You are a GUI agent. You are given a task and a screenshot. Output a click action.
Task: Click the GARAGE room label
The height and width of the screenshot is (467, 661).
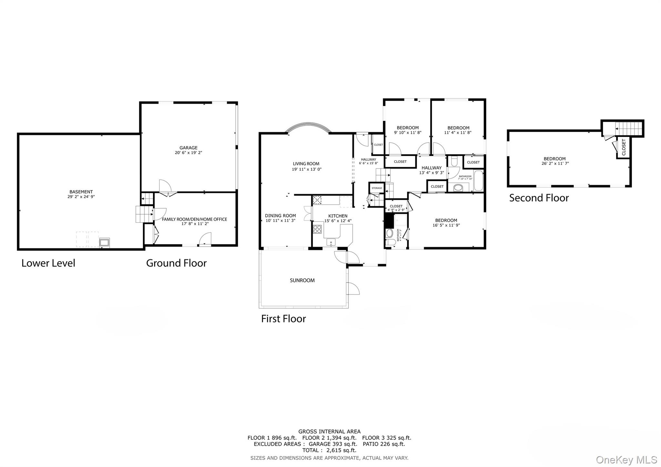coord(188,148)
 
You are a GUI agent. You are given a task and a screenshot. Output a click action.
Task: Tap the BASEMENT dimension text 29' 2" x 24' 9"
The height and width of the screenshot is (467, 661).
coord(81,197)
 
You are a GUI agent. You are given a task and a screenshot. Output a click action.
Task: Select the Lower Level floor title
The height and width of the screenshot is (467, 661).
coord(48,263)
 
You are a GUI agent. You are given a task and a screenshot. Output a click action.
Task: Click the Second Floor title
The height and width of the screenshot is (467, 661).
coord(539,198)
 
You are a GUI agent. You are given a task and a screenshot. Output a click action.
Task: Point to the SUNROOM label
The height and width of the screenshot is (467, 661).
coord(302,280)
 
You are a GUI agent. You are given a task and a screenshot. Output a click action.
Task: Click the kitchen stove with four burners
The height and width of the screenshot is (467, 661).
coord(317,229)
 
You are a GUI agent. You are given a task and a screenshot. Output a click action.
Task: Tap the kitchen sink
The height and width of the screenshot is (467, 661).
coord(331,242)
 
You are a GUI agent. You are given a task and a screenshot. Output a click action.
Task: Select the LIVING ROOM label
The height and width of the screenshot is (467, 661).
coord(306,164)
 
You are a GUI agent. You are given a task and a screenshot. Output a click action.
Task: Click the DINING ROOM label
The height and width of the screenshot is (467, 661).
coord(280,216)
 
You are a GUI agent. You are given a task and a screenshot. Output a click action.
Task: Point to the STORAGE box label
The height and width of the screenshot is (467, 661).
coord(377,188)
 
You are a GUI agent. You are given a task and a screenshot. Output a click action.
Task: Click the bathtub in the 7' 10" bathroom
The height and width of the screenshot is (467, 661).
coord(478,181)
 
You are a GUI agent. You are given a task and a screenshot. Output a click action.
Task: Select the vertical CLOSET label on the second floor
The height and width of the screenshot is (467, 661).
coord(624,147)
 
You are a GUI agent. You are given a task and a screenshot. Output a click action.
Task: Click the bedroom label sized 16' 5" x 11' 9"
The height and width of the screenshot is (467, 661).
coord(446,220)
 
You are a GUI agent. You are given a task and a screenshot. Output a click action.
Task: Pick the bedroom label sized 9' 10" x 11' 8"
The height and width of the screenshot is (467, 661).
coord(408,128)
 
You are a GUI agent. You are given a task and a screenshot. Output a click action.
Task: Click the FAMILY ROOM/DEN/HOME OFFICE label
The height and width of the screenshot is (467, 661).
coord(194,219)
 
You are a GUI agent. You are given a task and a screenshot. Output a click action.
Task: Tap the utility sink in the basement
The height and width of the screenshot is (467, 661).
coord(104,242)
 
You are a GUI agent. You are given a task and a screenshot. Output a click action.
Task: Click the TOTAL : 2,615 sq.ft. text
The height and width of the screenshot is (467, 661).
coord(329,450)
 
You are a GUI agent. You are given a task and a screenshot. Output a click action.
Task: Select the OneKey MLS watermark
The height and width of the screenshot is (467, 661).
coord(626,460)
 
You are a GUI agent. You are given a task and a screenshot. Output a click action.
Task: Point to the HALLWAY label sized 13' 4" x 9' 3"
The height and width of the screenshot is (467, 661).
coord(431,168)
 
